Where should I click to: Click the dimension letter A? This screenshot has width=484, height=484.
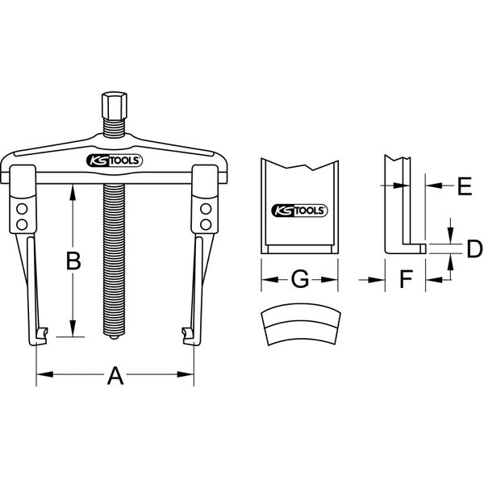tap(115, 375)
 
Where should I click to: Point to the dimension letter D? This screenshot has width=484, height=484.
tap(474, 247)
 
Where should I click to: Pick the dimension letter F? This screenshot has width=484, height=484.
tap(406, 279)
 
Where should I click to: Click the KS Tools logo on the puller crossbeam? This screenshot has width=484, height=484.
tap(115, 160)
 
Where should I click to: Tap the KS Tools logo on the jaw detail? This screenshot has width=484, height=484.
tap(299, 209)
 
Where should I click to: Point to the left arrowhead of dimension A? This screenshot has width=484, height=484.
tap(40, 375)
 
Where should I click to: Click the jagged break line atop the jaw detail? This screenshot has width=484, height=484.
tap(298, 166)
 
